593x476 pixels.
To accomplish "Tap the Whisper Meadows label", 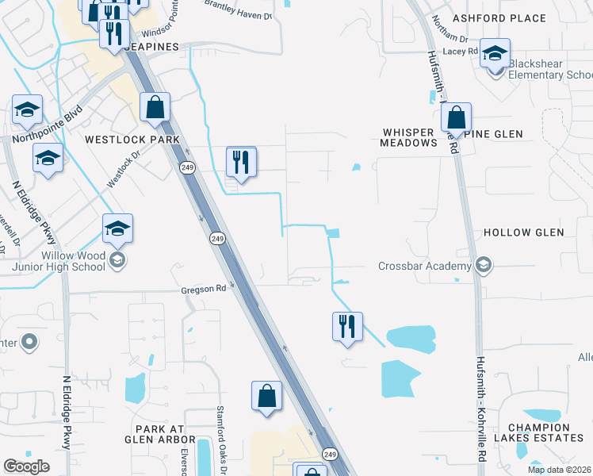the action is tap(409, 137).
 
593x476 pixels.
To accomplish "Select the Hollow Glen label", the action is tap(523, 232).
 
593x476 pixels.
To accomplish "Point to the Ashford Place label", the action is tap(499, 18).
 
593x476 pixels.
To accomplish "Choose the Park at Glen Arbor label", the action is tap(154, 434).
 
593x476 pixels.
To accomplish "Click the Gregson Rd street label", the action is tap(203, 290).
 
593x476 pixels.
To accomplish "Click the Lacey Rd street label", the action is tap(461, 51).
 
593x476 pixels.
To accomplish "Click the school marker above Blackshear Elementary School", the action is tap(495, 54).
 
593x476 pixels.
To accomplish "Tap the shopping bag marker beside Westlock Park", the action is tap(155, 107).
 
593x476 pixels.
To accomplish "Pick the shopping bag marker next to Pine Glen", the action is tap(457, 118).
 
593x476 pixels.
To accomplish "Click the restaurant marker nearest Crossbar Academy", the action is tap(346, 327).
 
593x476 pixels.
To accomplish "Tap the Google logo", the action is tap(26, 466).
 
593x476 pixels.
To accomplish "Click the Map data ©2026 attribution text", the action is tap(559, 470).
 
